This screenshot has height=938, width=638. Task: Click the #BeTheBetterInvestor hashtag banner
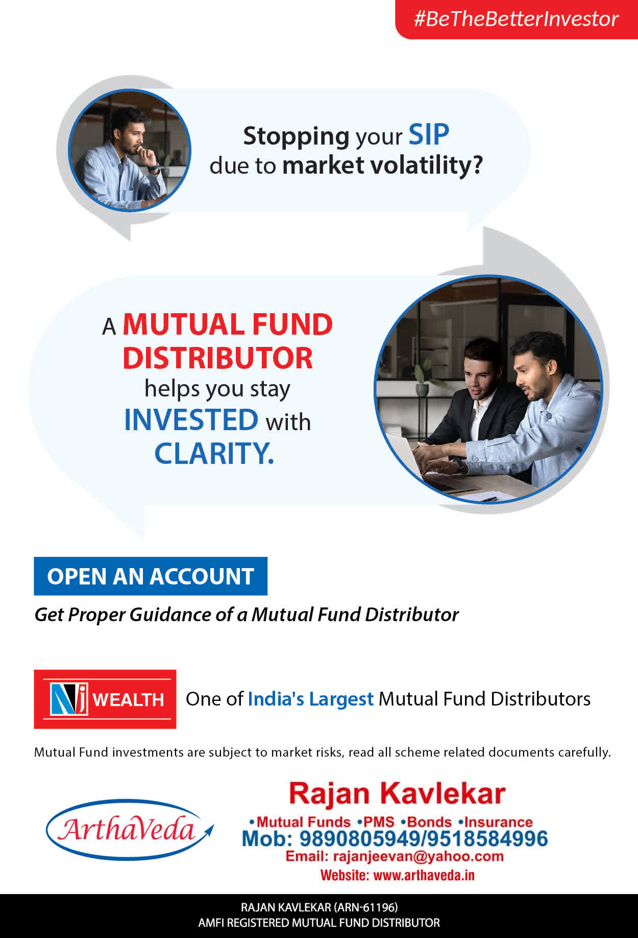[x=517, y=19]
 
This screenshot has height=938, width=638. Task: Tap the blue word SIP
[x=429, y=135]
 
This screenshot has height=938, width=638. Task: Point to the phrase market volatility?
[x=382, y=166]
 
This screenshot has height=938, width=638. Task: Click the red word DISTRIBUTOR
[x=217, y=358]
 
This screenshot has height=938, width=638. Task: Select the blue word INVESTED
[x=191, y=419]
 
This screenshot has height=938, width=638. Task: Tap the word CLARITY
[x=214, y=453]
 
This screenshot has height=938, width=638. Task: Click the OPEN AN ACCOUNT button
[x=151, y=576]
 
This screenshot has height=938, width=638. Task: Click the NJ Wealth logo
[x=105, y=699]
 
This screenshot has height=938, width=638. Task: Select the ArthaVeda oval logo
[x=130, y=829]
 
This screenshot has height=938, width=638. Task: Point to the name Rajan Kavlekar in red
[x=397, y=793]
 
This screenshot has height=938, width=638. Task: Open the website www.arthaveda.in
[x=424, y=875]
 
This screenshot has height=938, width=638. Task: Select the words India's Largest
[x=311, y=699]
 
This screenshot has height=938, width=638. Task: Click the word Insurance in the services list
[x=499, y=822]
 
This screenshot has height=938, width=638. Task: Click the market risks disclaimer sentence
[x=322, y=752]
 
